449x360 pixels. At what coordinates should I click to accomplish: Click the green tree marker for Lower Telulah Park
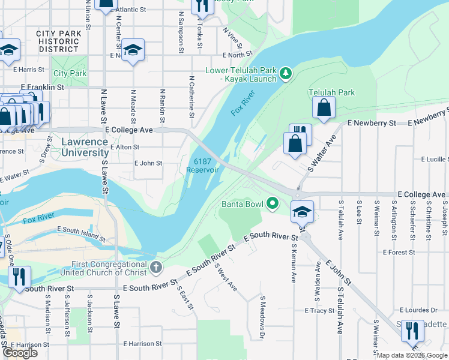[286, 74]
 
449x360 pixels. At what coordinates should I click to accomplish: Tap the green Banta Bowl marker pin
[273, 204]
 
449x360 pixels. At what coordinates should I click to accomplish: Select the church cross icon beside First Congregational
[155, 267]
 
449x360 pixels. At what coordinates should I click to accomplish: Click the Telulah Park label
[331, 92]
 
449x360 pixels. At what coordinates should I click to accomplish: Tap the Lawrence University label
[85, 148]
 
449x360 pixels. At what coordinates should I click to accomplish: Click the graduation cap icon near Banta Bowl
[302, 211]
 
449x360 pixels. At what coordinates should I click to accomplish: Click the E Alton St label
[124, 147]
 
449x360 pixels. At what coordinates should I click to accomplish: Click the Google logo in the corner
[20, 353]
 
